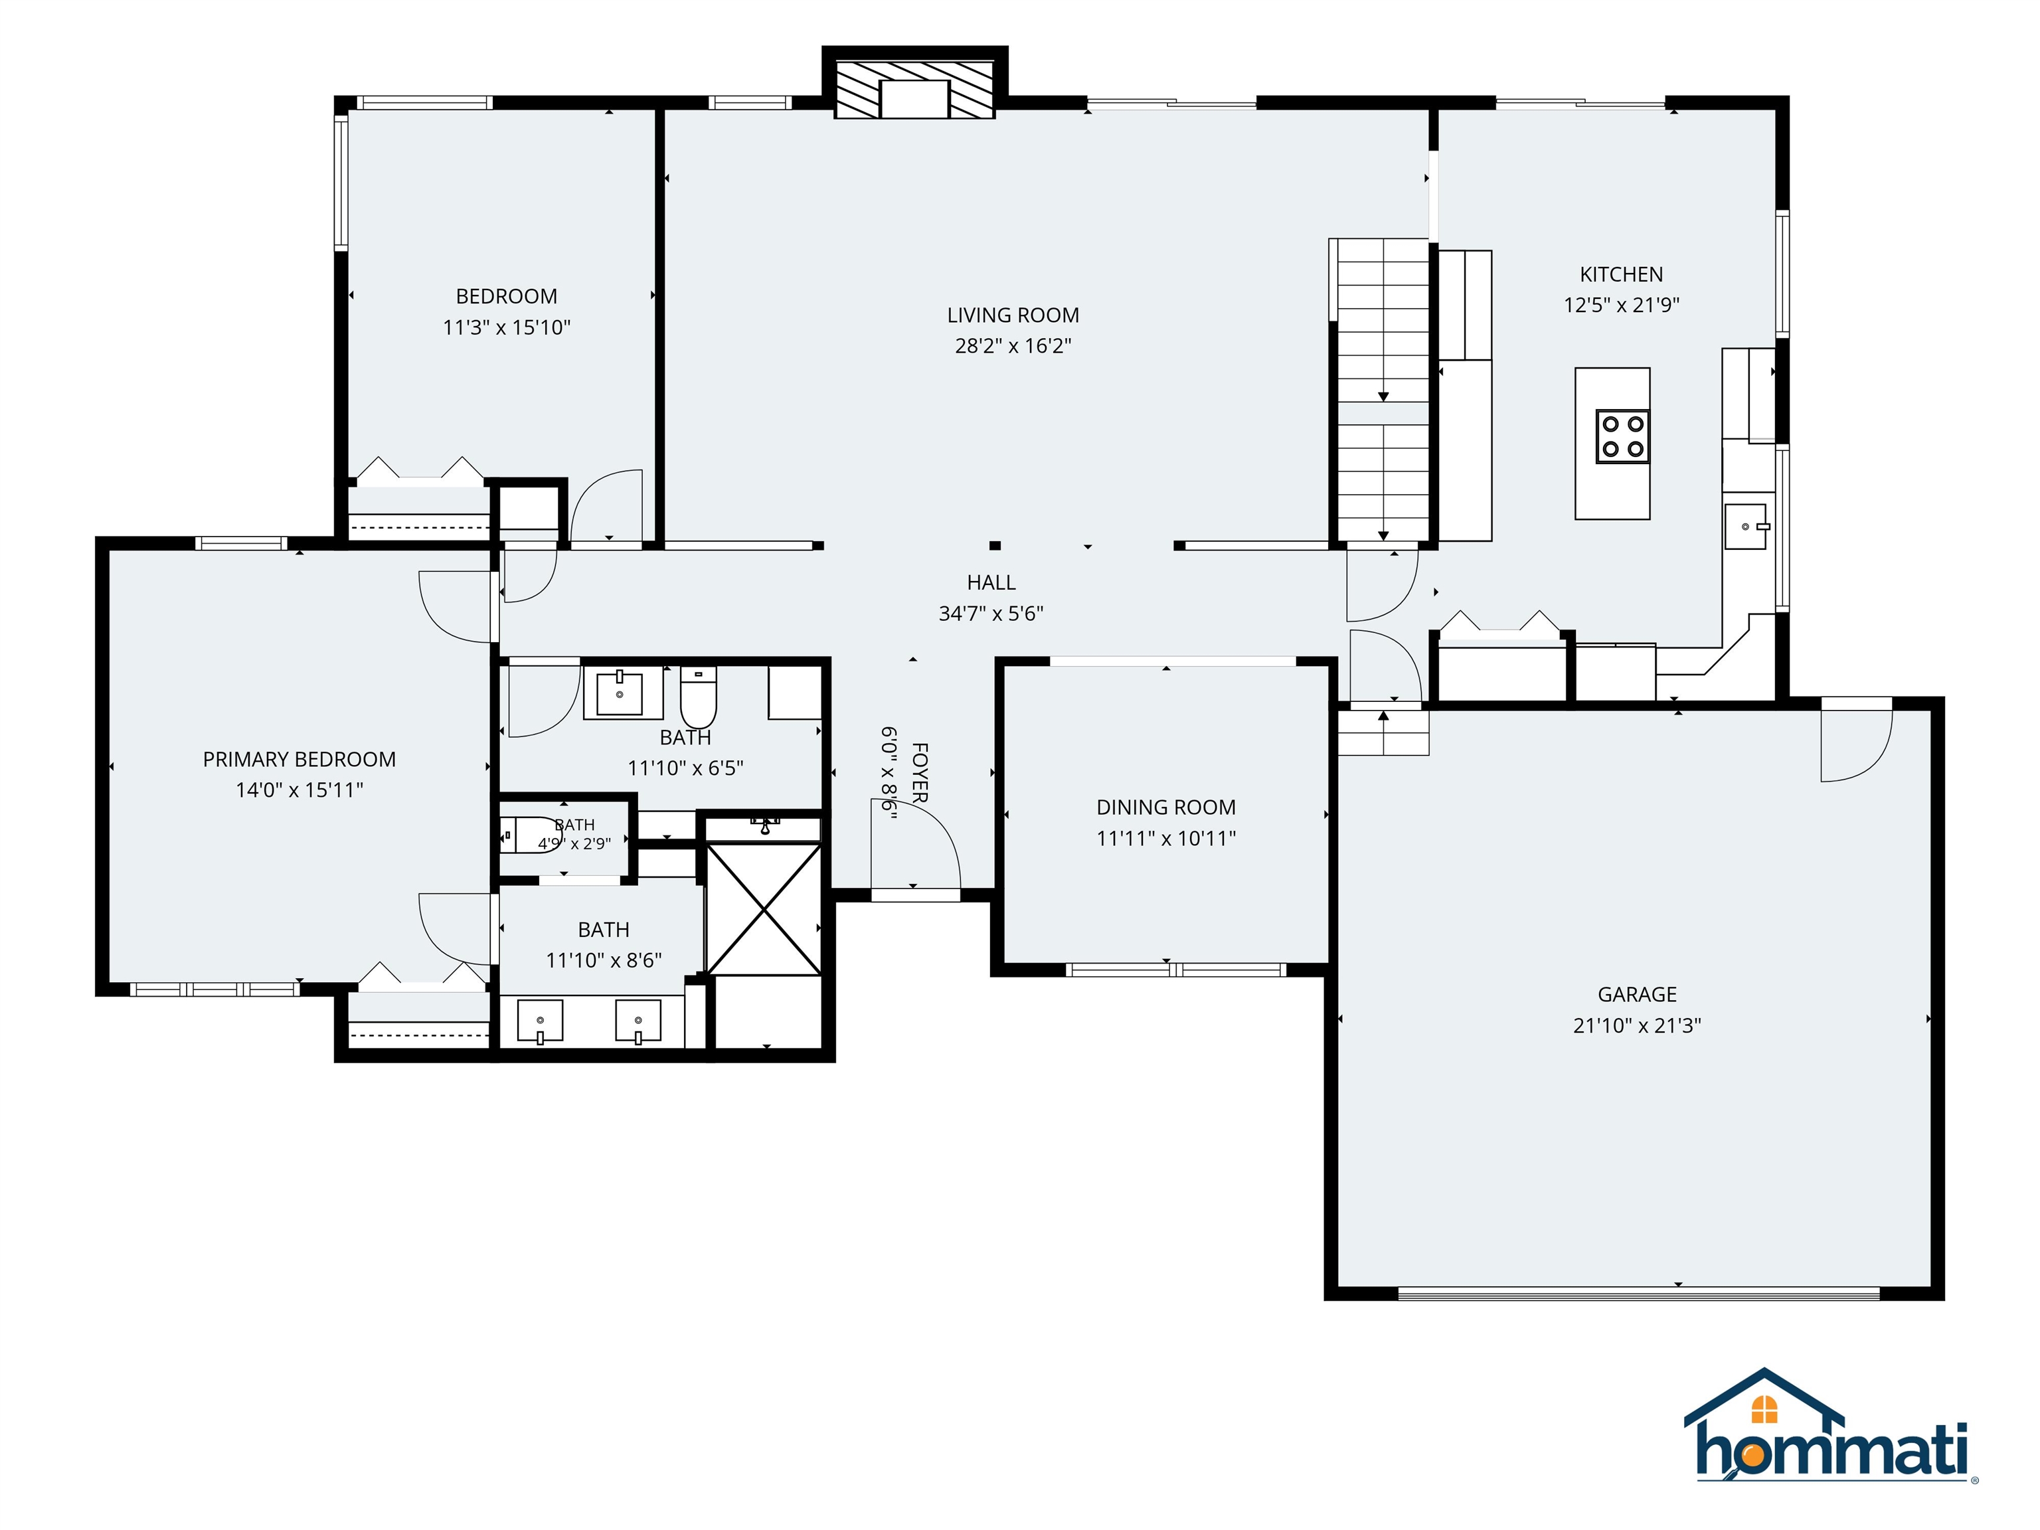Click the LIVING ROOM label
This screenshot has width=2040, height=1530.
tap(1013, 315)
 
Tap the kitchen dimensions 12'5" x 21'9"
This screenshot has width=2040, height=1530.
tap(1621, 305)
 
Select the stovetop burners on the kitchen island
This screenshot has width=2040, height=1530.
tap(1623, 437)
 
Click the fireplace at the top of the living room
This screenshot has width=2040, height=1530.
tap(914, 90)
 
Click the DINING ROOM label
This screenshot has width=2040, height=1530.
tap(1165, 808)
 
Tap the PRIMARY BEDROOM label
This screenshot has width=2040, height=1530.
tap(299, 760)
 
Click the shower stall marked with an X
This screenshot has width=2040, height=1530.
tap(763, 908)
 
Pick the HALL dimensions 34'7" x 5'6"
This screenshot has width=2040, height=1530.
tap(991, 614)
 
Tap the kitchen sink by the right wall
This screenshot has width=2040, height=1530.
tap(1746, 527)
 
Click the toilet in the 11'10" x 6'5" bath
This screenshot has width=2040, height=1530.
tap(698, 697)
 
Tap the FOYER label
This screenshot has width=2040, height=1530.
tap(920, 772)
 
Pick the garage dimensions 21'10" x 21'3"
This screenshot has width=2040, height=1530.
tap(1637, 1025)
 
